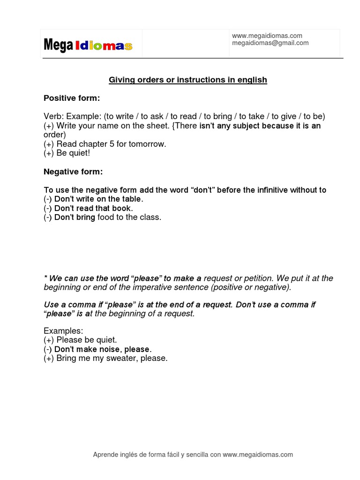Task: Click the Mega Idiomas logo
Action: [88, 45]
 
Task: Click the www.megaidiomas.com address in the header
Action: [267, 36]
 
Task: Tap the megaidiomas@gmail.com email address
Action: [270, 43]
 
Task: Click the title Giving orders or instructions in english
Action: [188, 80]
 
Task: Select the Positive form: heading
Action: [72, 98]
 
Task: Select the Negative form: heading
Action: [73, 172]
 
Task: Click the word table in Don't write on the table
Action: [129, 199]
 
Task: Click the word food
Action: [107, 217]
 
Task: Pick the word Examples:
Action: [63, 331]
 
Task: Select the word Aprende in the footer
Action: [105, 455]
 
